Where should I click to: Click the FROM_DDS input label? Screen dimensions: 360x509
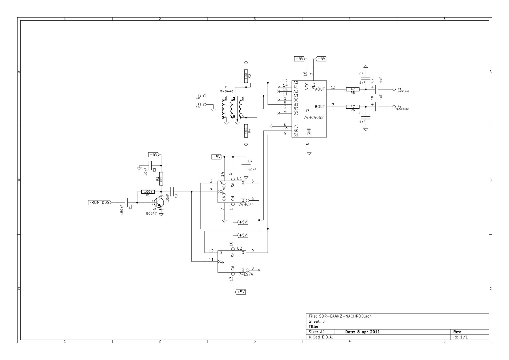pos(99,203)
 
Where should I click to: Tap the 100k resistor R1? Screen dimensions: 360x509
pos(148,192)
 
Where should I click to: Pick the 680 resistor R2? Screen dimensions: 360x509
pos(161,179)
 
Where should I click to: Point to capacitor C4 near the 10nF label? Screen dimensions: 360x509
pos(246,165)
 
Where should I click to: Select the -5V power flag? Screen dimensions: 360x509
pos(321,59)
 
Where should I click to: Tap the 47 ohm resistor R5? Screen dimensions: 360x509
pos(353,89)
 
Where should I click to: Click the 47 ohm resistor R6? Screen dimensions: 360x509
pos(353,107)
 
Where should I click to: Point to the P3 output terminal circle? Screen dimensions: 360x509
pos(394,89)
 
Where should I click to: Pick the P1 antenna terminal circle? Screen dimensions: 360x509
pos(205,96)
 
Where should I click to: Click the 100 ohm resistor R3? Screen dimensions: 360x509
pos(246,76)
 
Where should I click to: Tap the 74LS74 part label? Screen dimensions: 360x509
pos(246,274)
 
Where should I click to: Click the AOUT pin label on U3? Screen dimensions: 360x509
pos(320,89)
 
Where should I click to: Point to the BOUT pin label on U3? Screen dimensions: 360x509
pos(320,107)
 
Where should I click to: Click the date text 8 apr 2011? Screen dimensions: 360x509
pos(363,332)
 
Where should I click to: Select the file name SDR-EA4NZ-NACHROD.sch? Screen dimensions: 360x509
pos(345,316)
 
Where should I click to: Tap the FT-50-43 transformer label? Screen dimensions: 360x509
pos(227,91)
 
